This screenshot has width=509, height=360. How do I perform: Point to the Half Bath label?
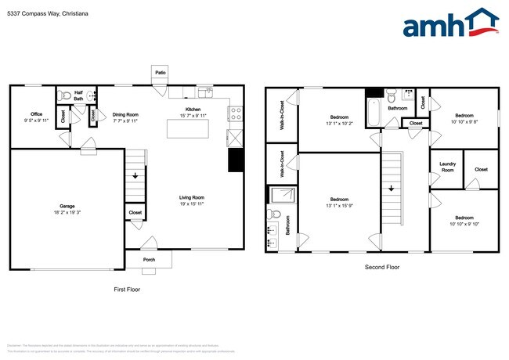78,95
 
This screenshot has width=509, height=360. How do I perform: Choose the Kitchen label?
193,109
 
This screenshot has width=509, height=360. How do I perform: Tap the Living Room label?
192,197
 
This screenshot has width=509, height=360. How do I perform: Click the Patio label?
160,73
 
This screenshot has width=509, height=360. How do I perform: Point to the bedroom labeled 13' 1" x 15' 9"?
338,200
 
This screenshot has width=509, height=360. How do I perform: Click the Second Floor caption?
381,267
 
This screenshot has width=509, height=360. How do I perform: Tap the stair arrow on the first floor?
137,176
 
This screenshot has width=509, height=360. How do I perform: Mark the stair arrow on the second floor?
391,189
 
